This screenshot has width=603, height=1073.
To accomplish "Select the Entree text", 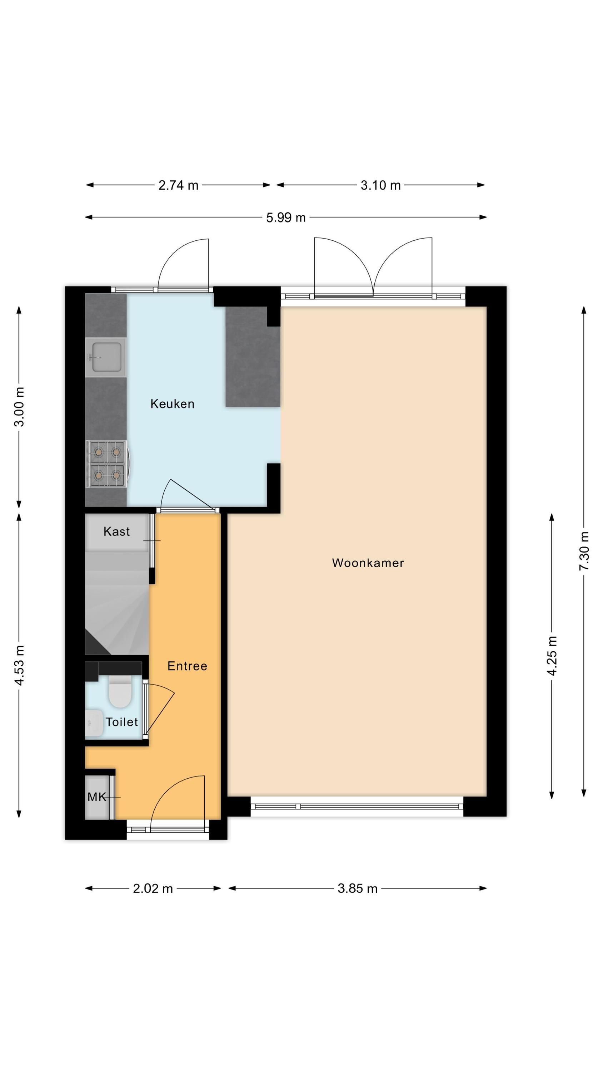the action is coord(187,666).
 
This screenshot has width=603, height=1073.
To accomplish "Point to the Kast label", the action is coord(116,531).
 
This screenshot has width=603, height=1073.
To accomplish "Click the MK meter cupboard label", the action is coord(97,797).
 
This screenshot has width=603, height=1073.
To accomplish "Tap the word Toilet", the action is coord(121,721).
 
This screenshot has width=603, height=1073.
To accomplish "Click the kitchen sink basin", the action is coord(106,357).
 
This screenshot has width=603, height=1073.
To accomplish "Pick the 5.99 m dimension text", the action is coord(286,217).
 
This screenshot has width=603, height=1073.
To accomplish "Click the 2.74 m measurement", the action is coord(178,185).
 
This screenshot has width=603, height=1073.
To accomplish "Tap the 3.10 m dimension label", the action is coord(380,185).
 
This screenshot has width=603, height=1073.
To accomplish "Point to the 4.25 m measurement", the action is coord(552,656).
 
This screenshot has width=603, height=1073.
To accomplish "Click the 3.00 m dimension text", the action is coord(19,407).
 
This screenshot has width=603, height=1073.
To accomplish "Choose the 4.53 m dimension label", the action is coord(19,665).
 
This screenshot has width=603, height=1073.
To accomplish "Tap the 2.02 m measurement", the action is coord(153,888).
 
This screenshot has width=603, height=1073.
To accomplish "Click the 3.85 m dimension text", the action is coord(357,888).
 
